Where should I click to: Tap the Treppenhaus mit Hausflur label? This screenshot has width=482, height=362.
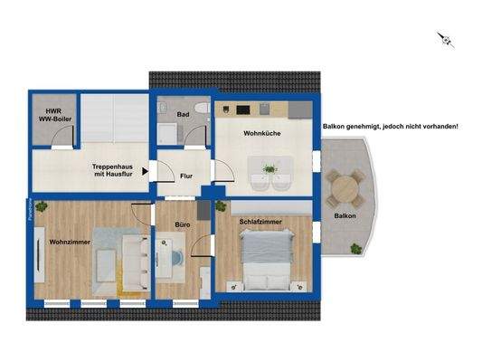click(114, 169)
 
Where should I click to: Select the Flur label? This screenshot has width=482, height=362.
click(186, 176)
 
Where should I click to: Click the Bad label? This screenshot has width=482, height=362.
click(183, 115)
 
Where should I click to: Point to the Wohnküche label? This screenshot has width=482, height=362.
click(260, 134)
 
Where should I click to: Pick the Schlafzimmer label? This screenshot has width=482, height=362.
click(260, 221)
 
